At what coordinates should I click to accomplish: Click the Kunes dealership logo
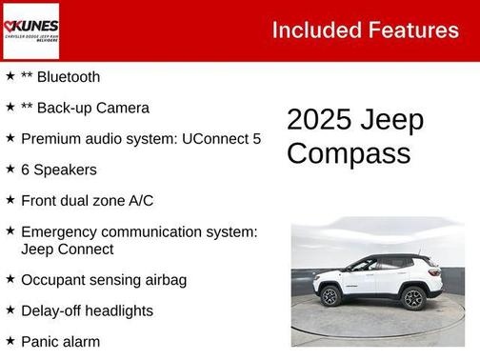coord(30,30)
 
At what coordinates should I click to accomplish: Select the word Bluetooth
coord(67,77)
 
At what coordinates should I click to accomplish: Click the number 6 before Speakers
coord(26,170)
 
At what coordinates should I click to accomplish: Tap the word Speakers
coord(66,170)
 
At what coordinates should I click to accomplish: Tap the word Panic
coord(40,341)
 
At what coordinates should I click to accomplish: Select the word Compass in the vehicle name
coord(349,153)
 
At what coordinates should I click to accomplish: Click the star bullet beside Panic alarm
coord(10,340)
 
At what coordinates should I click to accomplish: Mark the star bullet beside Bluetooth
coord(10,76)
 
